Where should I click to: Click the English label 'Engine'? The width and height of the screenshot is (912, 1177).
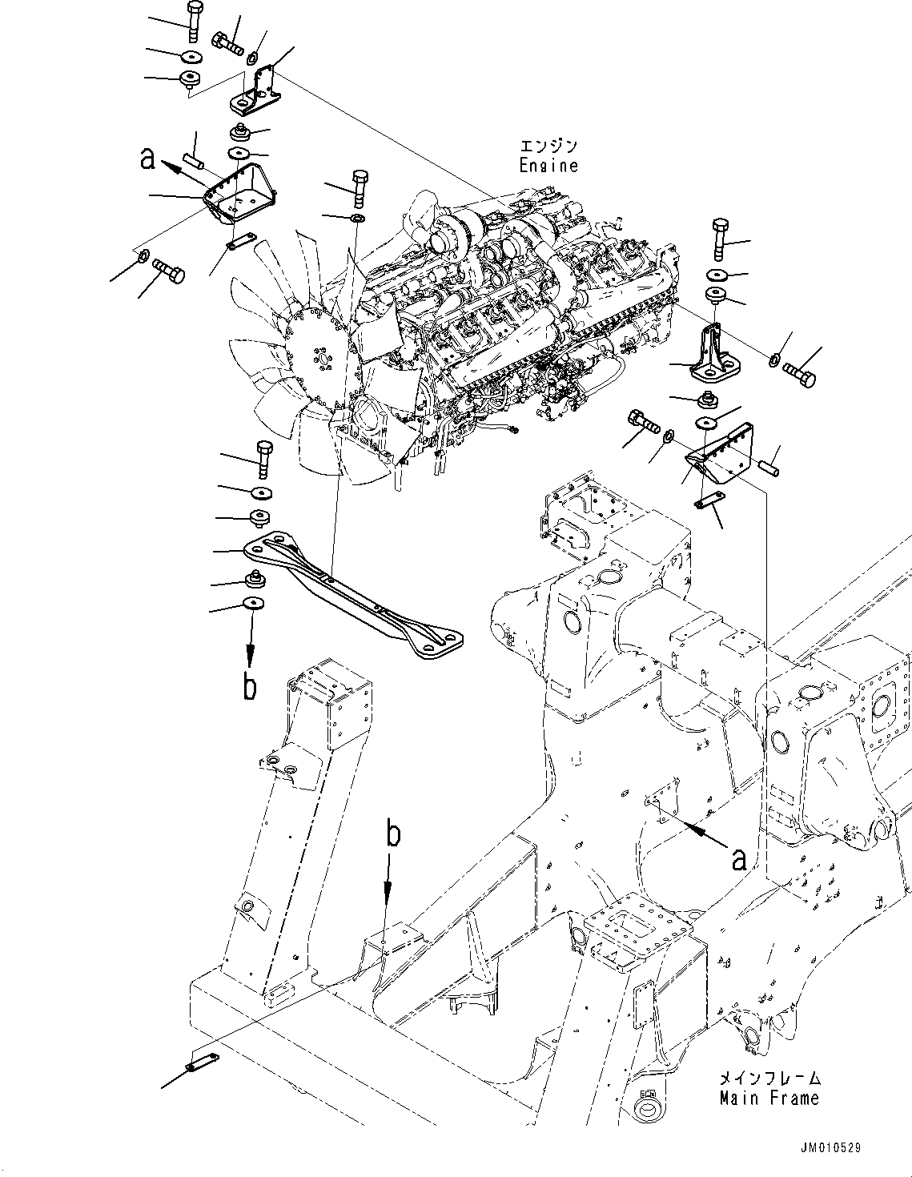point(548,166)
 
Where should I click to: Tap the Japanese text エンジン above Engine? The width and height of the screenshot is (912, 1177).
point(548,147)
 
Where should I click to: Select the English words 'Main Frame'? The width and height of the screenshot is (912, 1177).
point(769,1098)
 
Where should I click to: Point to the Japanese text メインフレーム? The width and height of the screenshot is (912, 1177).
point(769,1079)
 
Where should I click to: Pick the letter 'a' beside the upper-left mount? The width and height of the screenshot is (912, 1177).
point(147,159)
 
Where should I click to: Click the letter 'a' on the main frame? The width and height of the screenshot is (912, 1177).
point(738,859)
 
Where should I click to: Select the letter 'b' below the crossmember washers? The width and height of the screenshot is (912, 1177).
point(250,687)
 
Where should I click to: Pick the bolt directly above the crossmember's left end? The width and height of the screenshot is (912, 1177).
point(264,457)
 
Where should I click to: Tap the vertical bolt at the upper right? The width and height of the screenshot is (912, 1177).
point(717,239)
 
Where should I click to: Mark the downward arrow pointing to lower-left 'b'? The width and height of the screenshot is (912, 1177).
point(250,641)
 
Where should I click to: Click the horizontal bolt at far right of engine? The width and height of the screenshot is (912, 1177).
point(798,371)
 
